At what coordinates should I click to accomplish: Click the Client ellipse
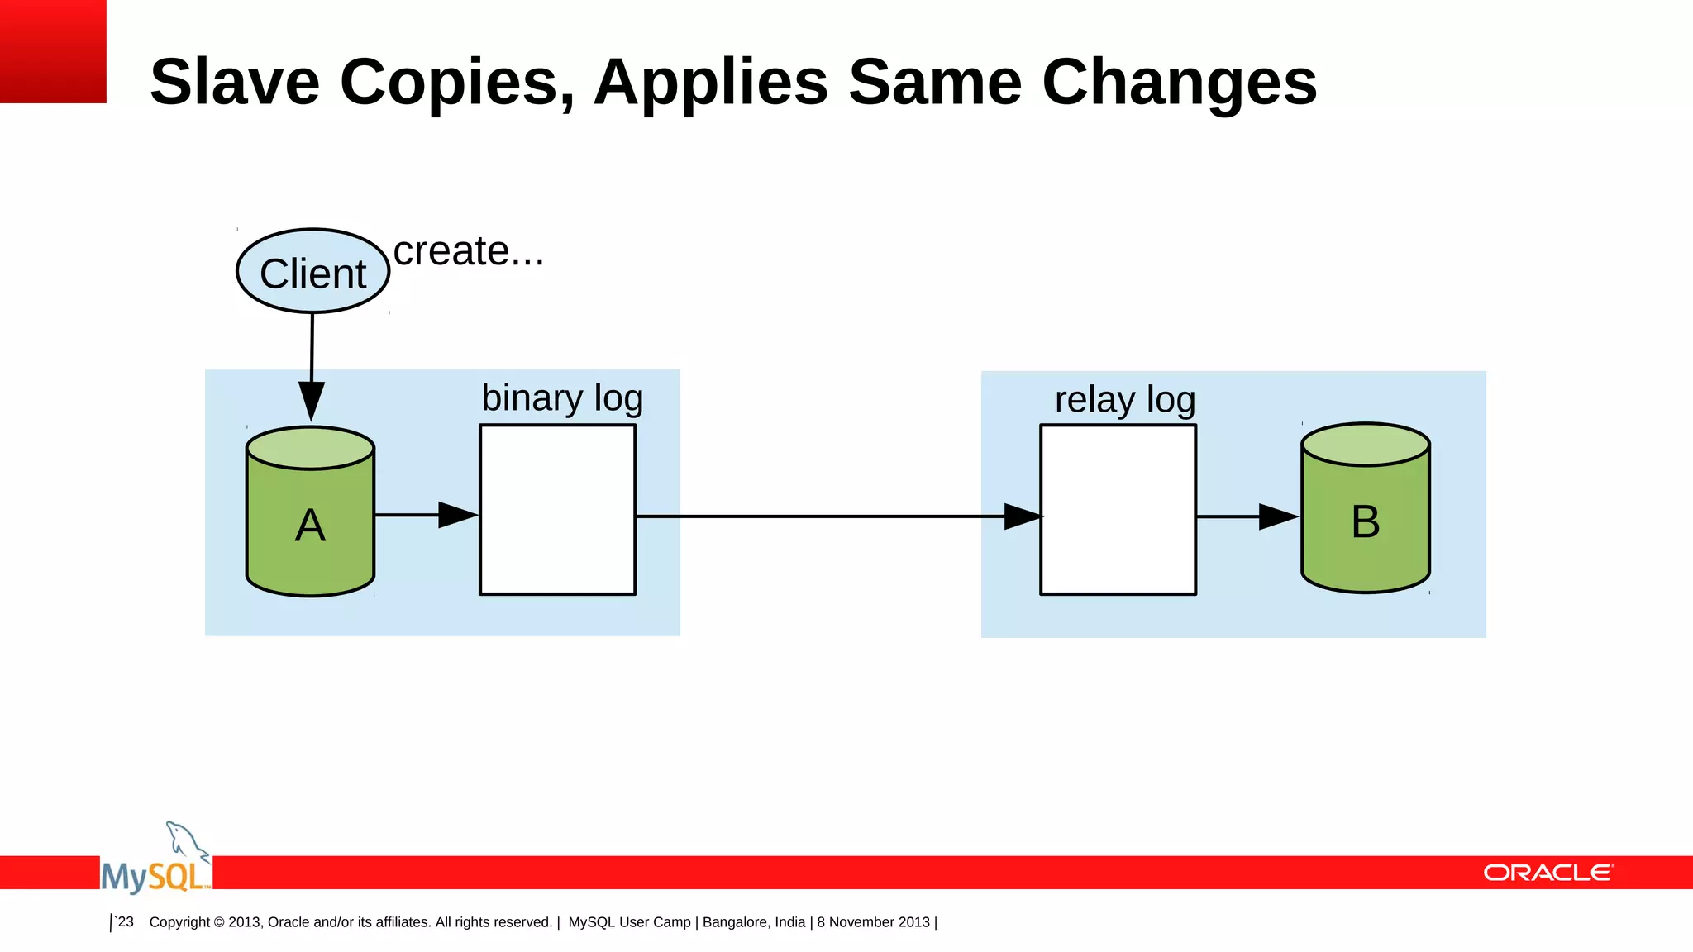(312, 271)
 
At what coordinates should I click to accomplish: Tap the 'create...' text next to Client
(468, 251)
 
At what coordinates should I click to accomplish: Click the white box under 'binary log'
(557, 509)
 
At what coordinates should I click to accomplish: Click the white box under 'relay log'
(1118, 509)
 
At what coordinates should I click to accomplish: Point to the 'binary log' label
(562, 398)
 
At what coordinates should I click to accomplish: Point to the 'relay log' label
(1124, 400)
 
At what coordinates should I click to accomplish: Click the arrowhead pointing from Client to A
(312, 400)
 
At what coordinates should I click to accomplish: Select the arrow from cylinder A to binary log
(426, 515)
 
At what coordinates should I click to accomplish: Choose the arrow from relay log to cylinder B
(1247, 516)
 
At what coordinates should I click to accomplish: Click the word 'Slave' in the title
(235, 83)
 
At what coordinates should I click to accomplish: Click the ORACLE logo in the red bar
(1548, 873)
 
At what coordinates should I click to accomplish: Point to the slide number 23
(125, 921)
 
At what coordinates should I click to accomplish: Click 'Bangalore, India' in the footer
(753, 922)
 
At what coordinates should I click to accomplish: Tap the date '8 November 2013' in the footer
(873, 922)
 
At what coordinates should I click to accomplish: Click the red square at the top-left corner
(53, 51)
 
